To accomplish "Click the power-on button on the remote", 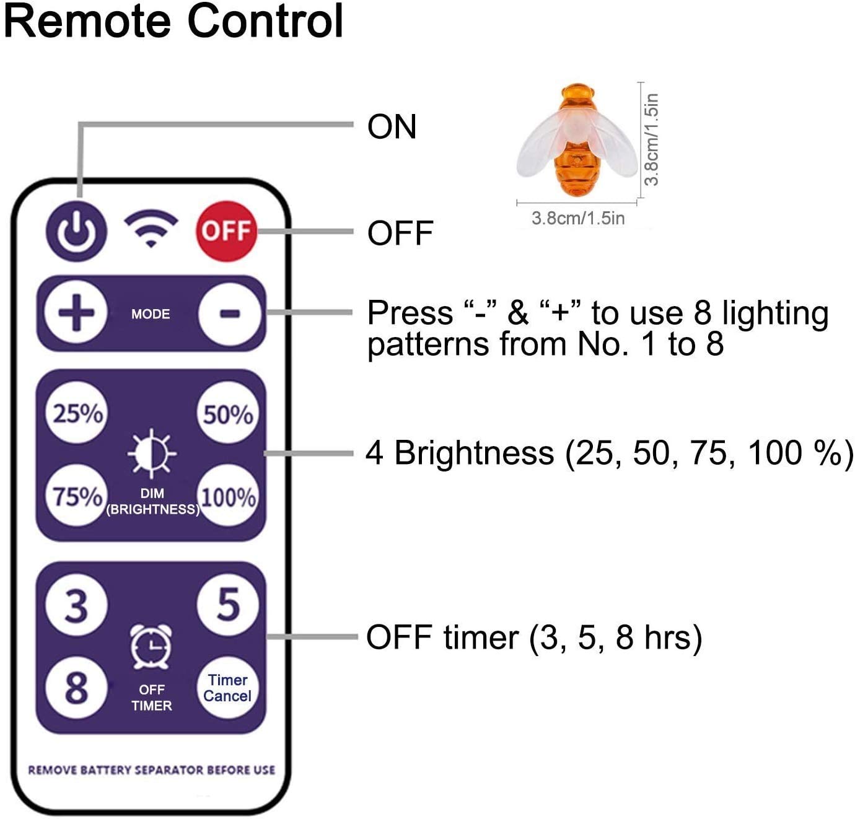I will (76, 230).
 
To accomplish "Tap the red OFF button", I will (226, 230).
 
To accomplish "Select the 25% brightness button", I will (77, 413).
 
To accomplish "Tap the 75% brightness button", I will (77, 496).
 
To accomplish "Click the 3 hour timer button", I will (76, 605).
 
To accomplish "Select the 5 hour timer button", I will (227, 604).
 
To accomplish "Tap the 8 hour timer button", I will (76, 688).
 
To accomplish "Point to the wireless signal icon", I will (151, 228).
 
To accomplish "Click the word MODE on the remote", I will (151, 314).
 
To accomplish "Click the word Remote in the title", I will (87, 22).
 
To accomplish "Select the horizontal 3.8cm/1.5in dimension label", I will (577, 218).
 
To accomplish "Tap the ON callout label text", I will (392, 126).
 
